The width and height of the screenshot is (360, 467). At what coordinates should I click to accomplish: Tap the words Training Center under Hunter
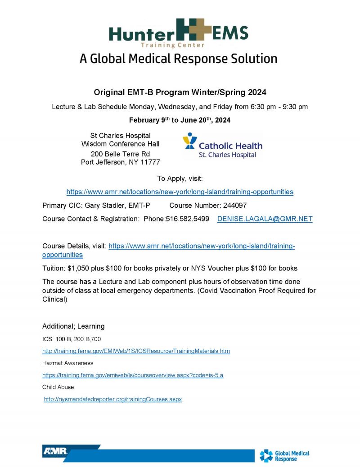click(x=172, y=45)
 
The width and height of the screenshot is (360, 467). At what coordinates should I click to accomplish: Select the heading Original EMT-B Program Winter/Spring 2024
click(x=180, y=92)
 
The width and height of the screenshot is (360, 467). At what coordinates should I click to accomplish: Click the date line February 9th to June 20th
click(x=180, y=120)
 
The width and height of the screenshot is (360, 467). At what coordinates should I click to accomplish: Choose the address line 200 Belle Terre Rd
click(x=120, y=154)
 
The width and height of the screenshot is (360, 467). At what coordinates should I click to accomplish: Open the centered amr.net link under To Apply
click(x=180, y=192)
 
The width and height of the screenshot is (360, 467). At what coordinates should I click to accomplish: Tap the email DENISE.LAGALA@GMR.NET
click(x=265, y=219)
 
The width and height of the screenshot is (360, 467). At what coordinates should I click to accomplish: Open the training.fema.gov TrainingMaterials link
click(x=136, y=351)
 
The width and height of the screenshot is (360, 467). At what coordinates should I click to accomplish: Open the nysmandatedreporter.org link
click(x=113, y=399)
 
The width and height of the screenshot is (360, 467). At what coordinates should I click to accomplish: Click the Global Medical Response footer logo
click(x=284, y=455)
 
